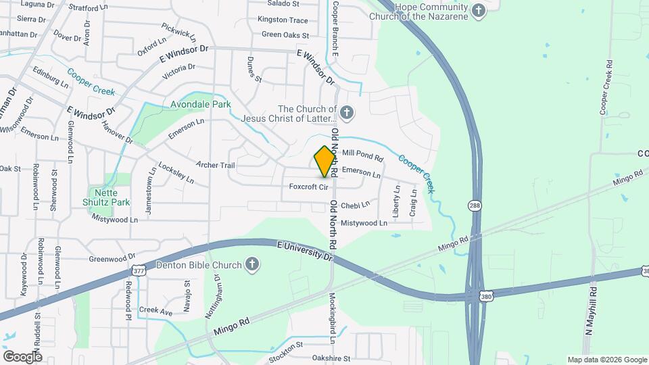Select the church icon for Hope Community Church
479,10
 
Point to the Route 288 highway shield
477,204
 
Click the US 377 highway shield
139,271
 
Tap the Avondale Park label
201,104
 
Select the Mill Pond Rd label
363,155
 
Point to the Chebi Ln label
356,205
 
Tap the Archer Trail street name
215,165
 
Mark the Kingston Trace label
283,20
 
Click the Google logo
22,356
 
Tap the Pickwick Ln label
178,32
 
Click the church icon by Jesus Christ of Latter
347,112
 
